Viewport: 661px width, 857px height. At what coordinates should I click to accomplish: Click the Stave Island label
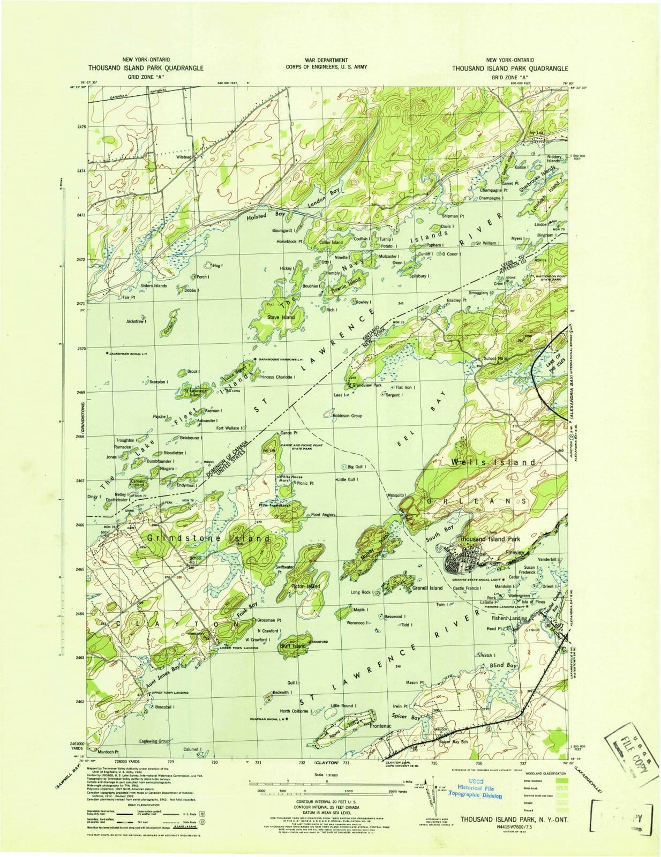pyautogui.click(x=281, y=317)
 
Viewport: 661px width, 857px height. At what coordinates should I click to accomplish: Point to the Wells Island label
pyautogui.click(x=493, y=462)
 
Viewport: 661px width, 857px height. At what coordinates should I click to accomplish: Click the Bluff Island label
pyautogui.click(x=292, y=646)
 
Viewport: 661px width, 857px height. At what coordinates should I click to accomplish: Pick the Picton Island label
pyautogui.click(x=305, y=587)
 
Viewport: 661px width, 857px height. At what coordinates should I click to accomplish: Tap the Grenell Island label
pyautogui.click(x=427, y=588)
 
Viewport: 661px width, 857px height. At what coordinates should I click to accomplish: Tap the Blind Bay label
pyautogui.click(x=504, y=665)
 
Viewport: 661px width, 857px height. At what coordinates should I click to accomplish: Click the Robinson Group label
pyautogui.click(x=347, y=416)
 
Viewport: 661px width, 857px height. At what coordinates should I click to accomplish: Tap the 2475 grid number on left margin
pyautogui.click(x=81, y=127)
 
